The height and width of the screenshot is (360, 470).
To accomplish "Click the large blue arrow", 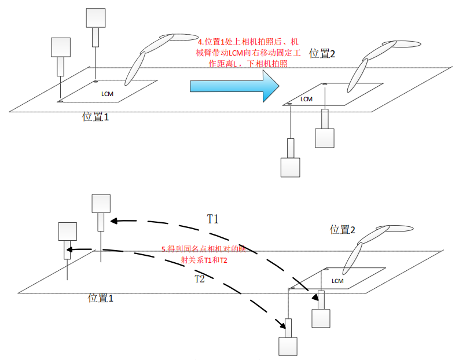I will coord(234,86).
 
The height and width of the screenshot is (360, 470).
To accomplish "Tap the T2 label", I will coord(199,278).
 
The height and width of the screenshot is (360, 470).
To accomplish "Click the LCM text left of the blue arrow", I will coord(108,93).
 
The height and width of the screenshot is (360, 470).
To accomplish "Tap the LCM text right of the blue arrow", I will coord(306,99).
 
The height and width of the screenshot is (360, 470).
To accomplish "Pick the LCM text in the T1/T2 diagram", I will coord(338,281).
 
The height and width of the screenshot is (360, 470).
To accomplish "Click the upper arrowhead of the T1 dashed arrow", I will coord(115,220).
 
